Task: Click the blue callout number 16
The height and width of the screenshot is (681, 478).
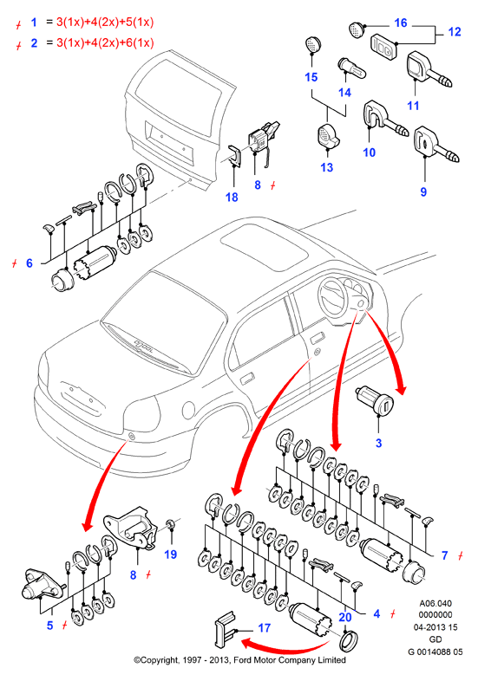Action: tap(400, 23)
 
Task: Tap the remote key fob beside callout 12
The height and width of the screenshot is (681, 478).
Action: tap(384, 46)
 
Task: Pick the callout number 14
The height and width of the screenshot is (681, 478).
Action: tap(344, 93)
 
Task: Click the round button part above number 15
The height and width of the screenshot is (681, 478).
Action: tap(311, 45)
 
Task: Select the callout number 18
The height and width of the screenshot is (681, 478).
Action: tap(232, 198)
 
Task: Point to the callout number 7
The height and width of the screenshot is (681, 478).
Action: tap(444, 555)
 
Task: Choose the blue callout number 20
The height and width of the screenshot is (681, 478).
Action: tap(345, 617)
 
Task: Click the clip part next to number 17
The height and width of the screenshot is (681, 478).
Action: tap(224, 630)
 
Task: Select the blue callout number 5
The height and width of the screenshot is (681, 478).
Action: tap(50, 626)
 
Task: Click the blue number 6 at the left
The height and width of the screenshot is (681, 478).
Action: tap(29, 263)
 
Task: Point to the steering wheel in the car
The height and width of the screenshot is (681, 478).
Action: tap(334, 297)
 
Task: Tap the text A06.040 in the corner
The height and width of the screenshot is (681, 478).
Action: tap(435, 603)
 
